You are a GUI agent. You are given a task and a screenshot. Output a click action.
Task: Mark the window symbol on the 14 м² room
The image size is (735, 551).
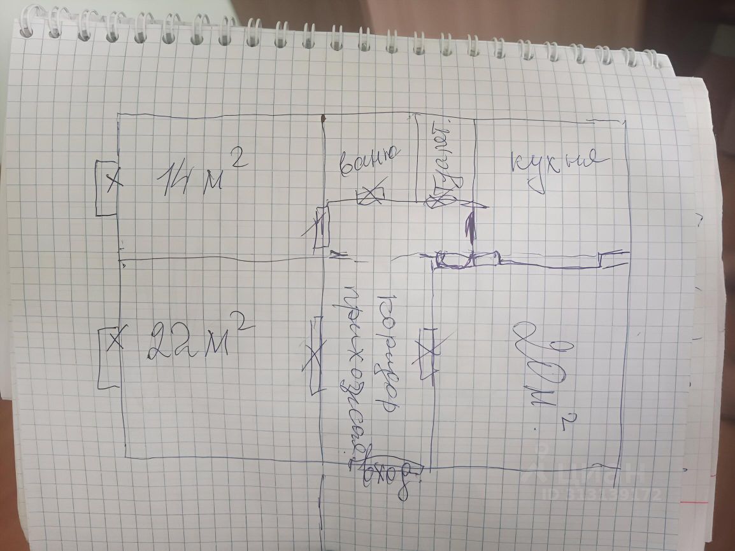click(x=106, y=187)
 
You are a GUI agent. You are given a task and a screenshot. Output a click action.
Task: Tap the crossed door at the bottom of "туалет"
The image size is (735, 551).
click(x=439, y=200)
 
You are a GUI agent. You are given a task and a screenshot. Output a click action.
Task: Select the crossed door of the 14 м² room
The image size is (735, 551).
click(x=322, y=227)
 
